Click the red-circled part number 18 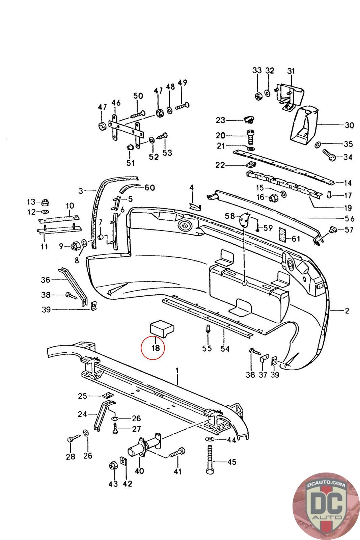155,347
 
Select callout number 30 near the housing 349,126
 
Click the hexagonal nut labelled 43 113,465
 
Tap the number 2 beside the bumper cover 347,310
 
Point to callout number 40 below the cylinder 139,470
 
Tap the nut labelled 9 75,246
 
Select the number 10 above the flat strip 70,206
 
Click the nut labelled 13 44,202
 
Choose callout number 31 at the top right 291,71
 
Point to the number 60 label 149,188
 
